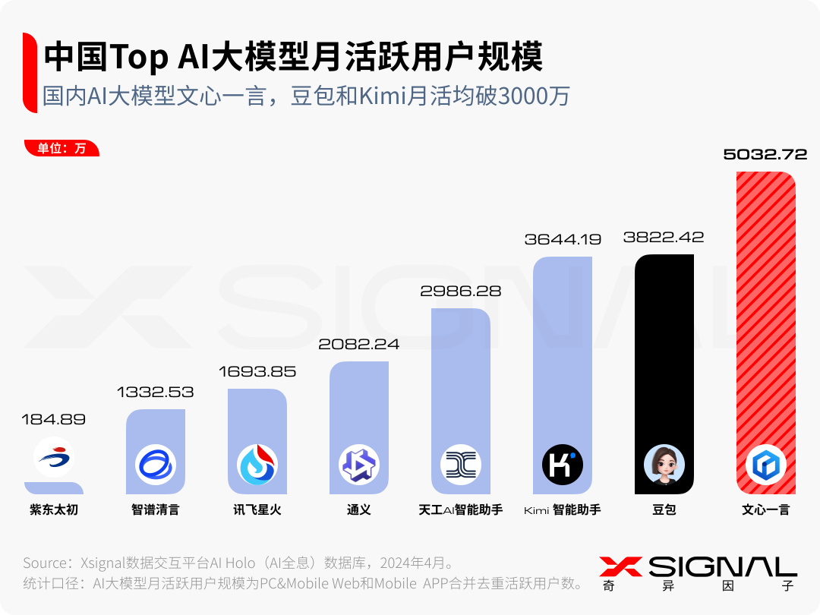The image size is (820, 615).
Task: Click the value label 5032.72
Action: (x=765, y=155)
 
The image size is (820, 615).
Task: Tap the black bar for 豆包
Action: (x=664, y=349)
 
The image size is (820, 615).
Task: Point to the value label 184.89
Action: (x=54, y=419)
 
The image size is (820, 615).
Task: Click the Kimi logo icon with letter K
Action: (x=563, y=465)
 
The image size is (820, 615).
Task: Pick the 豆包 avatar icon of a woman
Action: (x=664, y=465)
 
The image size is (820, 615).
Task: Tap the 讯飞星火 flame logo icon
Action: (x=257, y=465)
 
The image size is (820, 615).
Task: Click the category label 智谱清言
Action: (x=155, y=509)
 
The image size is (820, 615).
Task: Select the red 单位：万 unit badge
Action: (x=61, y=148)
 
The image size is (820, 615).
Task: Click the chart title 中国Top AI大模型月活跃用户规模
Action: (x=293, y=57)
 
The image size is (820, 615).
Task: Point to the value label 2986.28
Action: (x=461, y=291)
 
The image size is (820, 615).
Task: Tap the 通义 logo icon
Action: (x=359, y=465)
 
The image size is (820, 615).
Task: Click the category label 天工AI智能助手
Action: (x=460, y=509)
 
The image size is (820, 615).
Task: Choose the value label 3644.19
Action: (x=563, y=239)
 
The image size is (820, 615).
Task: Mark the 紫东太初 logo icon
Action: (x=54, y=458)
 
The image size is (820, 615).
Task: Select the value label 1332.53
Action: (x=155, y=393)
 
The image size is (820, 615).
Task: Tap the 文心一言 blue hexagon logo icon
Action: (x=765, y=465)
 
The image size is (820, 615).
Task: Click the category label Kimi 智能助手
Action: (x=563, y=509)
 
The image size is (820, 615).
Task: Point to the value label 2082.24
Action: (x=358, y=344)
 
